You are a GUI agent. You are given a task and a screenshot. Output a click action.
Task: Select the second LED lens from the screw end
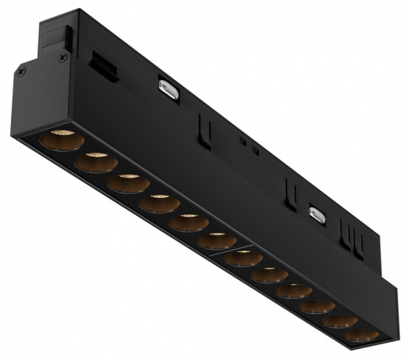click(x=96, y=163)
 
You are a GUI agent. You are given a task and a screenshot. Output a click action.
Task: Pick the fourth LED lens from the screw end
click(x=160, y=203)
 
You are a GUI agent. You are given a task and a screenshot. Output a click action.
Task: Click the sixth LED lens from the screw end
click(x=217, y=240)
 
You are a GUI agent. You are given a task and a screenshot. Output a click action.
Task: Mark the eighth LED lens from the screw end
click(x=269, y=275)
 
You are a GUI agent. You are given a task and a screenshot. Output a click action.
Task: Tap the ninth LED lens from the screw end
click(x=294, y=291)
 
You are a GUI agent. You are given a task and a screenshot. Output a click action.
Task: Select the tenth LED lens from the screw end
click(x=317, y=306)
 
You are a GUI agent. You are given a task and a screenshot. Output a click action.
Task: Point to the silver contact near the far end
click(x=317, y=214)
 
